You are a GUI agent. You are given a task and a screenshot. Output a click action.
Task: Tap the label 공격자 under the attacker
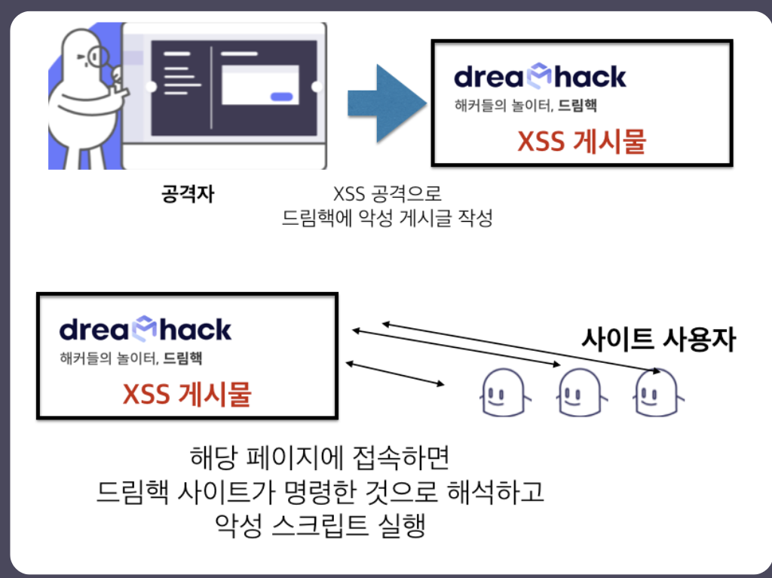point(188,194)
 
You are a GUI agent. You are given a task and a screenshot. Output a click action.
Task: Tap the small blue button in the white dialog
point(281,96)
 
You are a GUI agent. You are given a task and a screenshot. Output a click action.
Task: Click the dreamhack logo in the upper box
point(540,75)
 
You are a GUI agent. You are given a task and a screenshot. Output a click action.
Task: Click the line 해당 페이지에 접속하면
point(321,458)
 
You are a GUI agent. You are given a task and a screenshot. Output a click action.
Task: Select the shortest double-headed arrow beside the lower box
point(395,375)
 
